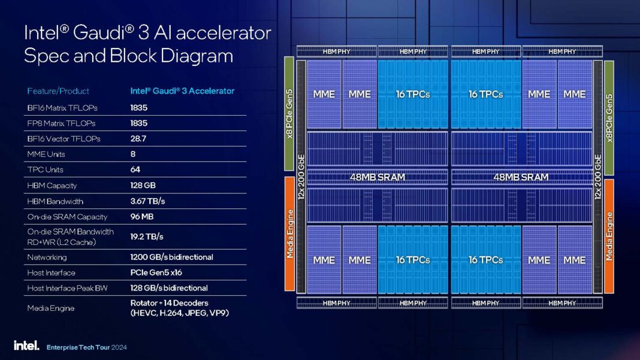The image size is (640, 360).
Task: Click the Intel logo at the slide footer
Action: [26, 346]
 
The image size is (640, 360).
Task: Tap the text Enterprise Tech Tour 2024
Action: [86, 347]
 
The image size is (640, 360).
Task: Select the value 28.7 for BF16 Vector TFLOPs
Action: [139, 138]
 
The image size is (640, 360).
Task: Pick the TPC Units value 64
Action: [135, 170]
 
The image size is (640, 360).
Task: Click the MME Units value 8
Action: [133, 154]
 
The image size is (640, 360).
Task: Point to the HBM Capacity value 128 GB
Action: [144, 185]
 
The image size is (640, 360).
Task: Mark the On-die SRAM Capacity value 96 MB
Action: [142, 216]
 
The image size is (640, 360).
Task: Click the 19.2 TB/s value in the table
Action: [147, 237]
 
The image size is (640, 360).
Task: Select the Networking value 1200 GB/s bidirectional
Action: [171, 257]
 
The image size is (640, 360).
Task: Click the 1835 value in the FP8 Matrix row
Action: [139, 123]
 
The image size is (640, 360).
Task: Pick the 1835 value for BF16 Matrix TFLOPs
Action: [139, 107]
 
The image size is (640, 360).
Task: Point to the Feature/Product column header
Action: [58, 91]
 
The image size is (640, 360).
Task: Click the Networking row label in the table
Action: [47, 257]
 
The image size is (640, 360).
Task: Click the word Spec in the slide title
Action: [44, 56]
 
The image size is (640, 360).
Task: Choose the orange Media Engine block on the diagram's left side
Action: [290, 234]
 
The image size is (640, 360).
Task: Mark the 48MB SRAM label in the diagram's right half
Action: [521, 177]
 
